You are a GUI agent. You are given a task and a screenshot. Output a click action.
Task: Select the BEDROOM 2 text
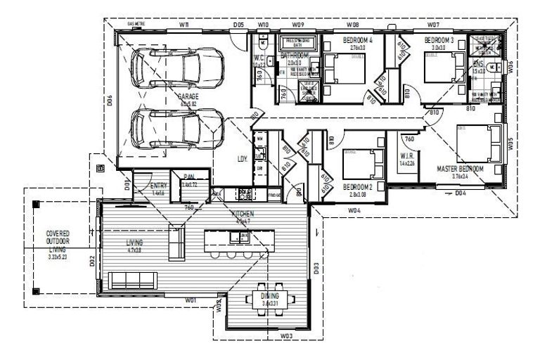358,186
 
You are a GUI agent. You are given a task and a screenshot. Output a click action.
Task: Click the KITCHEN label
243,213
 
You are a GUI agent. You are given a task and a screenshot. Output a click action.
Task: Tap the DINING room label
269,297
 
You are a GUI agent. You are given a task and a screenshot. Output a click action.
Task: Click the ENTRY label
158,186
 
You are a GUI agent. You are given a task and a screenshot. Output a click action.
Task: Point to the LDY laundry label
243,160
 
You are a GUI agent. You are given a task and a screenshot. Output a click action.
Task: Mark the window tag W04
354,210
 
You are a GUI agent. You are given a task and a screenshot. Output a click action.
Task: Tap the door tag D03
316,267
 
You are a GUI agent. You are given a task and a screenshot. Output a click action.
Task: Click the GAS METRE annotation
136,24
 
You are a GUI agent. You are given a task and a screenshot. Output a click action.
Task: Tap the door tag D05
238,25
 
